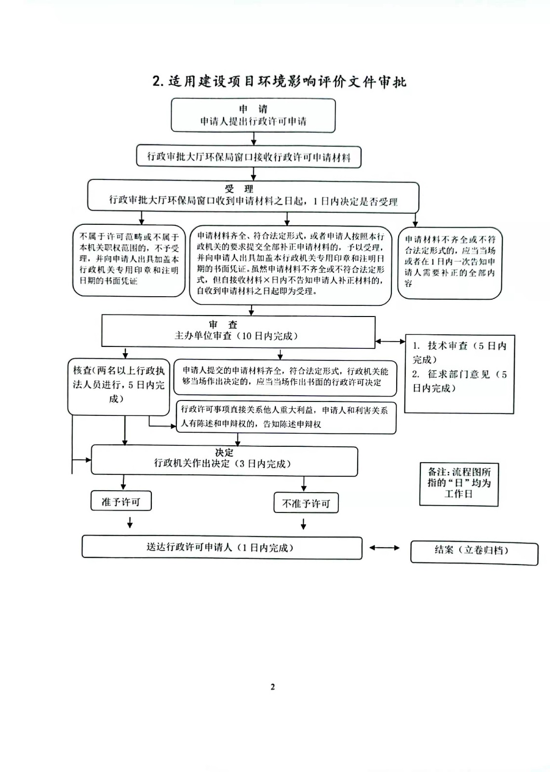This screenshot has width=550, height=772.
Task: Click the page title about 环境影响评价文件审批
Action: coord(279,82)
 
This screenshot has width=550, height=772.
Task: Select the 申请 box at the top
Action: coord(253,115)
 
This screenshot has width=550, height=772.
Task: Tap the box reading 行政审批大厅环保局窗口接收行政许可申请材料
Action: coord(249,157)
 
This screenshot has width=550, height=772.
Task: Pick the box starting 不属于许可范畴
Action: coord(129,261)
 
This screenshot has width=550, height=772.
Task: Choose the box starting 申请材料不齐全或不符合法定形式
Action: coord(450,262)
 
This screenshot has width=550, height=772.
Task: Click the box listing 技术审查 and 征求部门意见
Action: coord(459,374)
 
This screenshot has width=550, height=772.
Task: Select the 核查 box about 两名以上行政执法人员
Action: coord(119,386)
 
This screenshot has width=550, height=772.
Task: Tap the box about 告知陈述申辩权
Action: coord(286,417)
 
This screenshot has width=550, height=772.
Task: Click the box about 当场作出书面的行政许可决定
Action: coord(285,377)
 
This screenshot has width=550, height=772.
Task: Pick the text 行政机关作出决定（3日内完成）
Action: coord(223,464)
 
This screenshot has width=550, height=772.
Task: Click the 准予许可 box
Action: coord(121,501)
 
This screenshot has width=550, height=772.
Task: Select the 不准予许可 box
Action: coord(306,503)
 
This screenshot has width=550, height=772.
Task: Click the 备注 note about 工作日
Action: coord(459,484)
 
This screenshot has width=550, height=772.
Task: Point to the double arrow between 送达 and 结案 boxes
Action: coord(384,548)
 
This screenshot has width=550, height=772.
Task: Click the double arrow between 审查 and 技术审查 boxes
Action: coord(390,342)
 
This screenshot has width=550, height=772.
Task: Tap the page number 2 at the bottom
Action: coord(273,687)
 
